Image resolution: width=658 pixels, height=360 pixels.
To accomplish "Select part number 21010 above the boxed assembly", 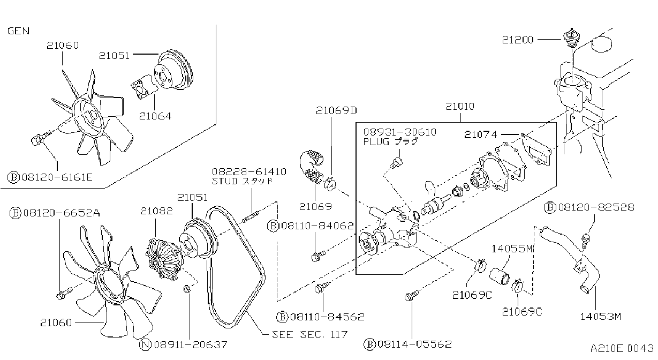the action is click(x=460, y=106).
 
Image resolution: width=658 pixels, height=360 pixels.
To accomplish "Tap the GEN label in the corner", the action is click(x=18, y=31).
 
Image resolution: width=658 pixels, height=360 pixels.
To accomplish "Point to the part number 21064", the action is click(x=155, y=116).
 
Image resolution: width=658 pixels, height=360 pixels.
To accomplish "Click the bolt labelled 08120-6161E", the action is click(x=40, y=139).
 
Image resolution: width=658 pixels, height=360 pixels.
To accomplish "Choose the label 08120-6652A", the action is click(x=55, y=213).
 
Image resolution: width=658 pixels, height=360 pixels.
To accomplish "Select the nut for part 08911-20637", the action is click(x=186, y=289).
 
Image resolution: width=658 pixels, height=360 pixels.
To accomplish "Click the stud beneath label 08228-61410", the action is click(x=250, y=217).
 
